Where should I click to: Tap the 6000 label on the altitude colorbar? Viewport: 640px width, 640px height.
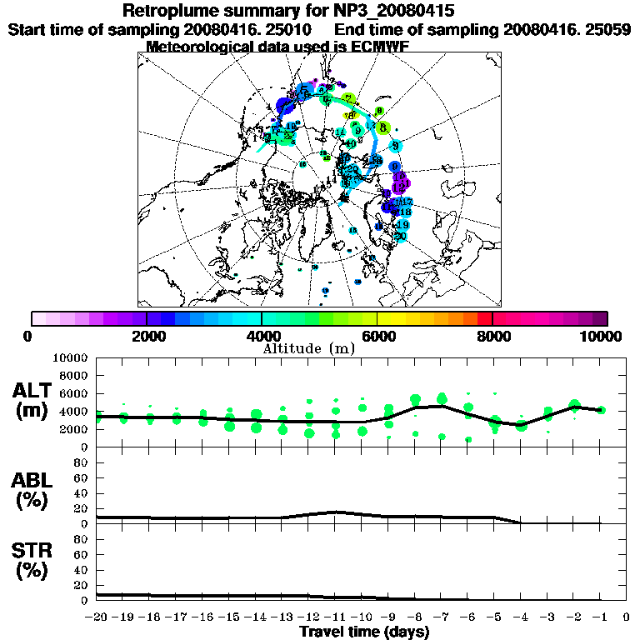377,336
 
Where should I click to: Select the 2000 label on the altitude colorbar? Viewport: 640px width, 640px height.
147,336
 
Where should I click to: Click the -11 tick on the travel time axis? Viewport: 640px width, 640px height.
335,618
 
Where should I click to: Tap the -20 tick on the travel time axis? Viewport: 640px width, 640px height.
97,618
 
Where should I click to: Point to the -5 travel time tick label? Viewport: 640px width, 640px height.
494,618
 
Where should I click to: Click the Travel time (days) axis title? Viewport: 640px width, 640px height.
364,632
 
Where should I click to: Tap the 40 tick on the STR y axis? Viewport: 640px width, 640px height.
82,569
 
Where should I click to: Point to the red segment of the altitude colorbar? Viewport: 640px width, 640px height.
484,318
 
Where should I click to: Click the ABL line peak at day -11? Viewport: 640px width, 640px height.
335,512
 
